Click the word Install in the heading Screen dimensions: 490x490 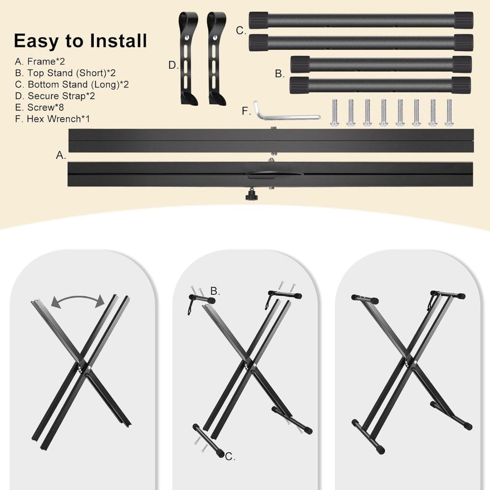[118, 41]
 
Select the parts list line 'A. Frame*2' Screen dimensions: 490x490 [40, 61]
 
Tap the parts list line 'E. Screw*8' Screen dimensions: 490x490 [39, 107]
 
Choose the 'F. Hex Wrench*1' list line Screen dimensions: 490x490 [52, 119]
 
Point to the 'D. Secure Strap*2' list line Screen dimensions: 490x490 [55, 96]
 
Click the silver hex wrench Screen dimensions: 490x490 [286, 112]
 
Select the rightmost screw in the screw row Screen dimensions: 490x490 [449, 112]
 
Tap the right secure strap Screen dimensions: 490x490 [216, 58]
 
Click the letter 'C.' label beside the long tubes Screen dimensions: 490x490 [241, 31]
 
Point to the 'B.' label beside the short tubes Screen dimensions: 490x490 [279, 74]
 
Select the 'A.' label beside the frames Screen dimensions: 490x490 [61, 155]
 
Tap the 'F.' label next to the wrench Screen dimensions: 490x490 [246, 111]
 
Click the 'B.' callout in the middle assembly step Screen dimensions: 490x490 [215, 291]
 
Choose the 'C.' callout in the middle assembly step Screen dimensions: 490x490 [230, 457]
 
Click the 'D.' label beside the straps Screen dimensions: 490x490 [173, 65]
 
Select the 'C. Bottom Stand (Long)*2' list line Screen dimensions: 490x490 [72, 84]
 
